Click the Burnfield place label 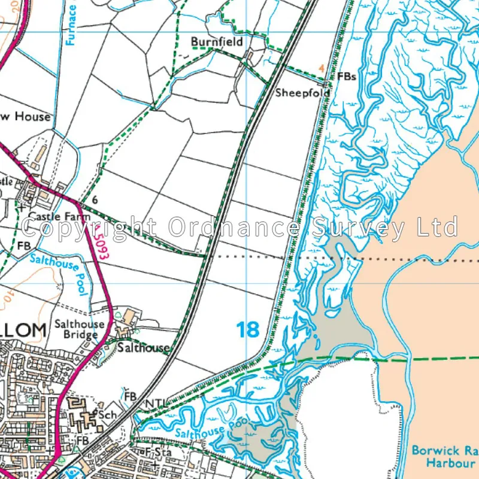[217, 42]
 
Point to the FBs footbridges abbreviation [346, 77]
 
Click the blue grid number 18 [248, 329]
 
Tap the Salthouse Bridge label [79, 329]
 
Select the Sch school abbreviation [108, 415]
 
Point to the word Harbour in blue [448, 463]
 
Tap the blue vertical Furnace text [72, 24]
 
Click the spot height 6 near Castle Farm [95, 199]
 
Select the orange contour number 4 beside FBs [322, 68]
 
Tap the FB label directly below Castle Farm [23, 246]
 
